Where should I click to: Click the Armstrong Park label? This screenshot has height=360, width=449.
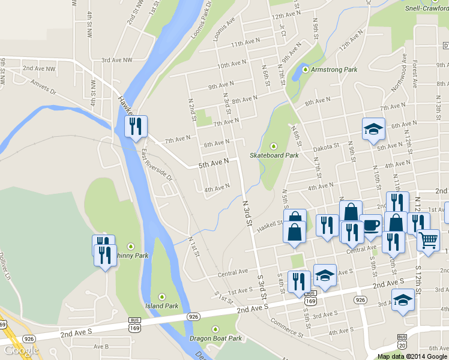[x=334, y=70]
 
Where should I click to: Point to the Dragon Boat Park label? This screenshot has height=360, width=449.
[x=215, y=338]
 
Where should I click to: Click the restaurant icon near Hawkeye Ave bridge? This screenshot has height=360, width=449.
[x=136, y=126]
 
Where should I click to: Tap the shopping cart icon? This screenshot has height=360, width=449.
[x=428, y=239]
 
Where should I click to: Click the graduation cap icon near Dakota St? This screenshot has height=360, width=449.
[x=373, y=128]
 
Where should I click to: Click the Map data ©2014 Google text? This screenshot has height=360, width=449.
[x=412, y=356]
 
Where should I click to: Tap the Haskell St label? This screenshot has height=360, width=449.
[x=269, y=227]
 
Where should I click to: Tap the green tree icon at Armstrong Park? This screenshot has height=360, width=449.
[x=306, y=70]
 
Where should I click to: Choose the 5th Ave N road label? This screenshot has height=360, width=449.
[x=214, y=163]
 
